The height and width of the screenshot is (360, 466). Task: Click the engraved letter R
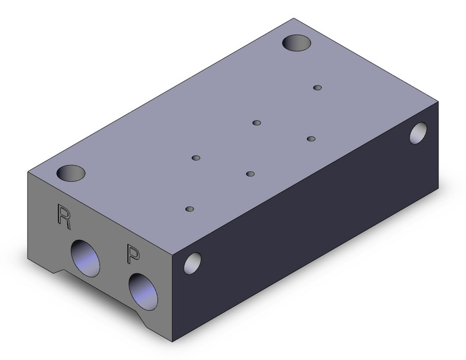[x=64, y=217]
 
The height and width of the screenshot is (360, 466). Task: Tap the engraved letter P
[x=133, y=253]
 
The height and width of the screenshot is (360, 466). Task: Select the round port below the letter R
[x=85, y=258]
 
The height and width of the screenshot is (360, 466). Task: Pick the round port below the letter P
[x=143, y=292]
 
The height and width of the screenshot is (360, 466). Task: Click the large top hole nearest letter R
[x=71, y=173]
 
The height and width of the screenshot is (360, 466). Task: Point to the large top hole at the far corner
[x=297, y=43]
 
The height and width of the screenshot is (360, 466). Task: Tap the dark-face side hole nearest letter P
[x=193, y=263]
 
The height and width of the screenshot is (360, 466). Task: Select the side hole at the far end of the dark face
[x=418, y=133]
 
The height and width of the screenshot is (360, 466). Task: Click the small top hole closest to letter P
[x=189, y=209]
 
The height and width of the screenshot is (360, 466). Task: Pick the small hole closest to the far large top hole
[x=318, y=88]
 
